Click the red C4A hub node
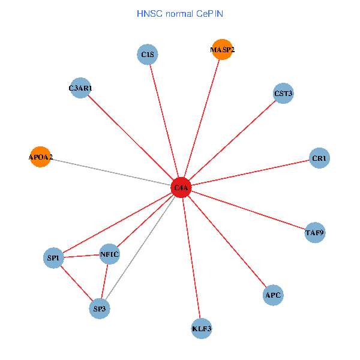point(181,188)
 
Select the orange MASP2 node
point(222,50)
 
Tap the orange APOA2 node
point(40,157)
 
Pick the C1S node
point(147,55)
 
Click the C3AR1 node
point(80,89)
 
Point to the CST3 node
point(283,94)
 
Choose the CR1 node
point(320,158)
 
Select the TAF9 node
point(315,232)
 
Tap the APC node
point(273,295)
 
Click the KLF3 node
point(202,328)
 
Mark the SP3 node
point(100,310)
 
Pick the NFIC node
point(110,254)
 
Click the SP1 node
point(53,259)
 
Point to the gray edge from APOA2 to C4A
point(111,173)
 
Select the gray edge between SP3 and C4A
point(140,248)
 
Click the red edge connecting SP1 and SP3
point(76,284)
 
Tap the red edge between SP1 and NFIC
point(82,256)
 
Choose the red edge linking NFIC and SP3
point(105,281)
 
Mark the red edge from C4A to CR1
point(251,173)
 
